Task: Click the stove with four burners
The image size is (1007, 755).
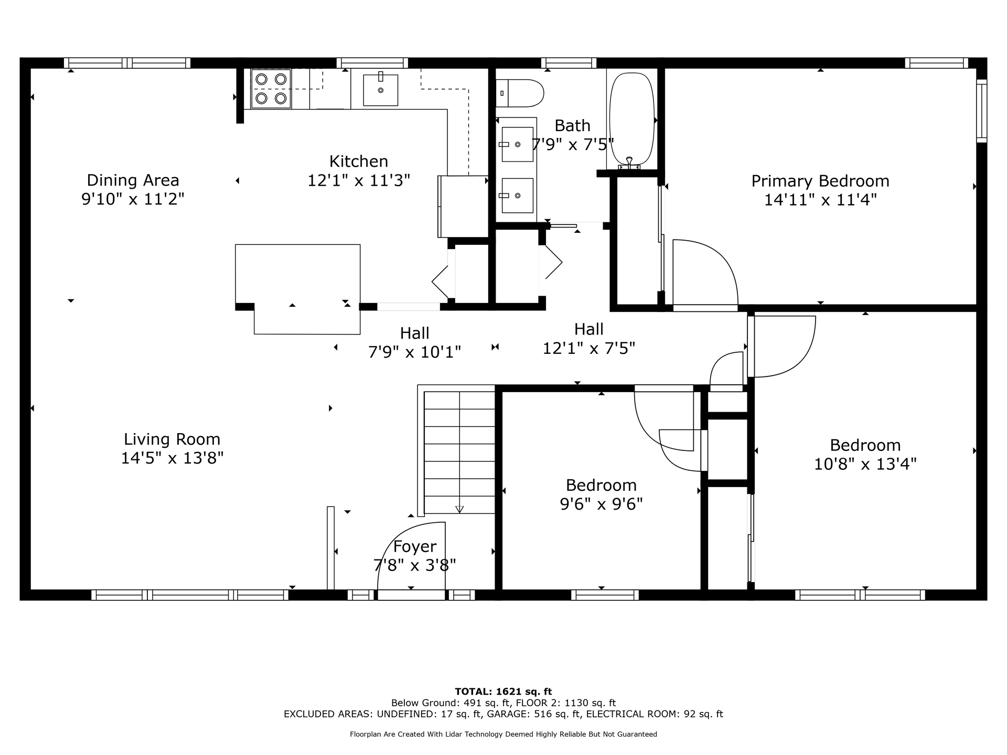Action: click(x=271, y=89)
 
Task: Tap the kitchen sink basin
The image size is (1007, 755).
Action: click(x=380, y=90)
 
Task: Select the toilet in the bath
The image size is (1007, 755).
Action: click(x=520, y=93)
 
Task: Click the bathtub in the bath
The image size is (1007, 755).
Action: click(x=633, y=121)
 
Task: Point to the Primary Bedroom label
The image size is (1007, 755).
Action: click(x=820, y=181)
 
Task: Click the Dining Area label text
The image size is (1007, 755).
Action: click(x=133, y=180)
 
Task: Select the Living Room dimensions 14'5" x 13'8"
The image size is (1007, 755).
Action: click(x=172, y=458)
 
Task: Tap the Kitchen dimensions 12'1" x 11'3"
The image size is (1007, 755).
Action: click(x=359, y=180)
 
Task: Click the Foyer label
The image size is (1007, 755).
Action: click(x=414, y=546)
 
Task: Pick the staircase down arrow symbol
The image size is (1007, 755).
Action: click(x=459, y=509)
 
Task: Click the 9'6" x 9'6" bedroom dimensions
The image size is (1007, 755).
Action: click(x=601, y=504)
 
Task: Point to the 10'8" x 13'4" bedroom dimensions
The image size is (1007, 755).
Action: click(x=865, y=464)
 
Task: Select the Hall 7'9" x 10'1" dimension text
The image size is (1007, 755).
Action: click(x=414, y=352)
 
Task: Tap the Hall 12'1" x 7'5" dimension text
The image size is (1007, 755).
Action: click(x=588, y=348)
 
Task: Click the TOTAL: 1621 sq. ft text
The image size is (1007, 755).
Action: click(x=503, y=692)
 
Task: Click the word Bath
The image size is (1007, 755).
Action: click(x=572, y=125)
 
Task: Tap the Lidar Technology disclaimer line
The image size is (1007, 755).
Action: click(x=503, y=734)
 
